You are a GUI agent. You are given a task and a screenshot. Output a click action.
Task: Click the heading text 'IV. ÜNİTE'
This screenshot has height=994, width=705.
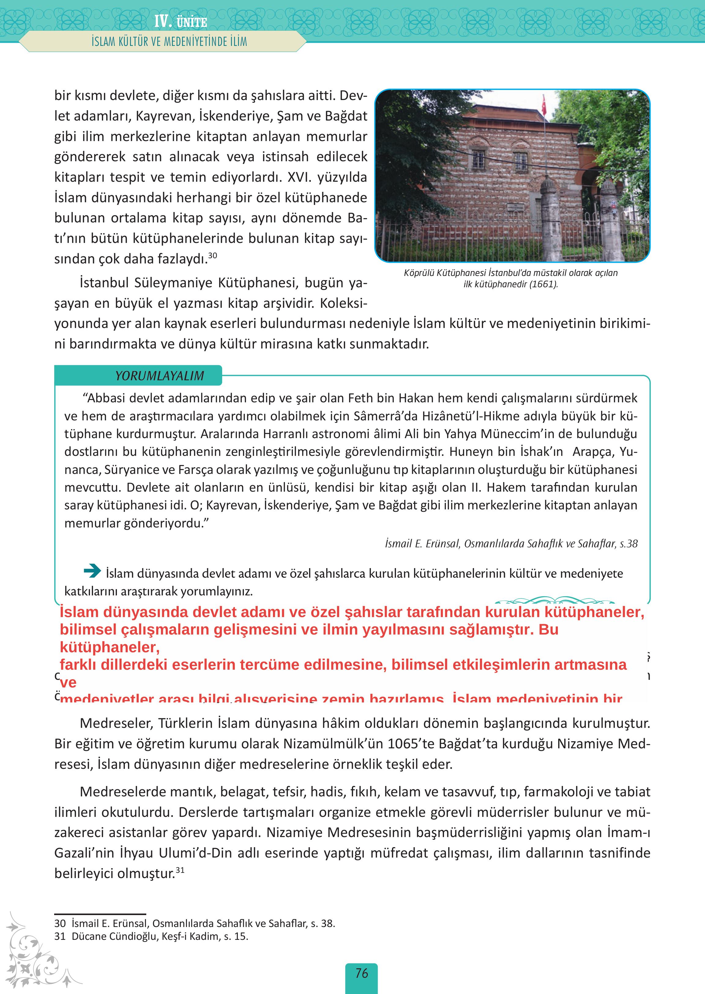click(x=181, y=22)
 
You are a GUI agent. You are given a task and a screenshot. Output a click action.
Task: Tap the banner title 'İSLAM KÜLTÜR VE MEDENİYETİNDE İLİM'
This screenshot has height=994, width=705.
click(x=169, y=42)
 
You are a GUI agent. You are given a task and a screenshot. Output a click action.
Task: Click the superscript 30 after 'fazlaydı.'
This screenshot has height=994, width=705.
click(x=213, y=256)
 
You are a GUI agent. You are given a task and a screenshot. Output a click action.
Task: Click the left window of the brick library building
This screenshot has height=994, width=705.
click(x=478, y=160)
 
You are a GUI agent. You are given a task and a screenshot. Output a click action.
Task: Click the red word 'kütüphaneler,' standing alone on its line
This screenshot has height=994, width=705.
click(x=110, y=647)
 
